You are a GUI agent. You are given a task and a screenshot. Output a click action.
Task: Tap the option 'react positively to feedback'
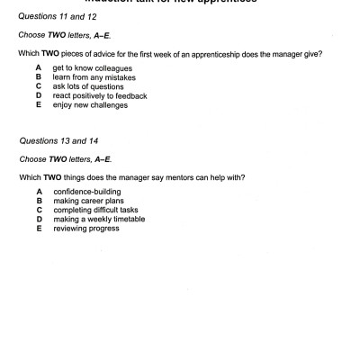click(100, 95)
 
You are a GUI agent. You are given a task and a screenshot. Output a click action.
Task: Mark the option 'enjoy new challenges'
click(90, 104)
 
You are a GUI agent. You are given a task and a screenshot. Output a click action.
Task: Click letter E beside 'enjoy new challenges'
click(40, 104)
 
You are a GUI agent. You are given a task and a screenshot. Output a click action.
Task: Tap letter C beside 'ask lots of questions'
click(40, 86)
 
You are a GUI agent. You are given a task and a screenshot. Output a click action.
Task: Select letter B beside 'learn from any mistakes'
click(40, 77)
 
